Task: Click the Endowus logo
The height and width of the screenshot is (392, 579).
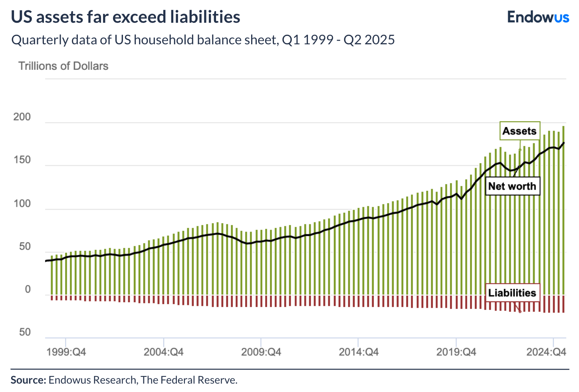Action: pyautogui.click(x=538, y=17)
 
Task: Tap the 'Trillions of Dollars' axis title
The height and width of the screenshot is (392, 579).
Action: pyautogui.click(x=63, y=66)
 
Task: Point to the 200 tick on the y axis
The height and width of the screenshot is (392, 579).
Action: pyautogui.click(x=22, y=117)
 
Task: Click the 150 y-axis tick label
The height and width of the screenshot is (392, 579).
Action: pyautogui.click(x=22, y=160)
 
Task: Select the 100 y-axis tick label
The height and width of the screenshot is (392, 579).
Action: pyautogui.click(x=22, y=204)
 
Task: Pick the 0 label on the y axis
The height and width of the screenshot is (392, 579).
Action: pyautogui.click(x=28, y=289)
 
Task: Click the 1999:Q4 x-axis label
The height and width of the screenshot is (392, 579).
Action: pyautogui.click(x=66, y=352)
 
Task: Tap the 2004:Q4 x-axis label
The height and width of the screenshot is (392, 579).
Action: pyautogui.click(x=164, y=352)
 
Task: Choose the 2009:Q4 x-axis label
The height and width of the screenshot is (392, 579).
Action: pyautogui.click(x=261, y=352)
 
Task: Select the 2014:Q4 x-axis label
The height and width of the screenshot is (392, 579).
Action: pyautogui.click(x=359, y=352)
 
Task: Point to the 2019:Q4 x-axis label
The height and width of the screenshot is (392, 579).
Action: pyautogui.click(x=456, y=352)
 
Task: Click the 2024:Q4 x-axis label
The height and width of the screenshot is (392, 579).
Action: pyautogui.click(x=546, y=352)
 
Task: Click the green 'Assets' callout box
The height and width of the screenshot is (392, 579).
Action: pyautogui.click(x=520, y=131)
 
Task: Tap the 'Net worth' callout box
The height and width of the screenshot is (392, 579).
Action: pyautogui.click(x=512, y=186)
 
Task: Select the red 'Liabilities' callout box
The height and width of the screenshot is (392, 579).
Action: pyautogui.click(x=512, y=293)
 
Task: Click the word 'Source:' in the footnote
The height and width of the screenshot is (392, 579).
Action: pyautogui.click(x=28, y=380)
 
